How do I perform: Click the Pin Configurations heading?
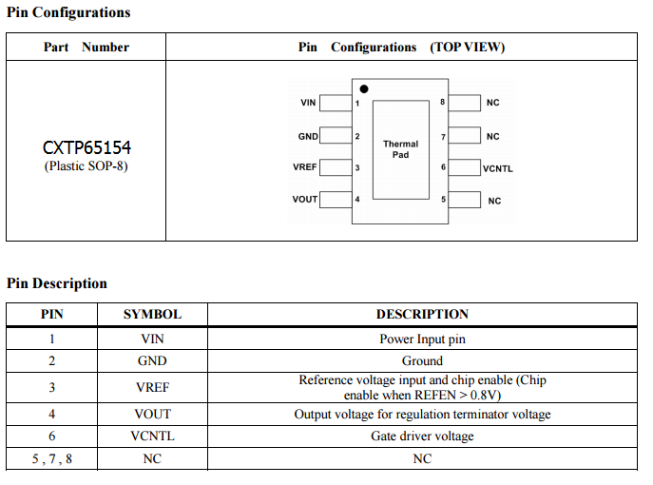(x=68, y=12)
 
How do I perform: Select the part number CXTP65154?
(x=86, y=148)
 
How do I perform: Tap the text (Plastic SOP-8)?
(x=86, y=166)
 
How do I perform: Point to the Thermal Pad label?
(x=400, y=149)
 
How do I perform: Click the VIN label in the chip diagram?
(x=308, y=103)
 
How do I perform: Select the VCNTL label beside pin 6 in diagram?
(x=498, y=168)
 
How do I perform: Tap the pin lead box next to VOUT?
(x=334, y=199)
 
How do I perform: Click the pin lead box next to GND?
(x=334, y=136)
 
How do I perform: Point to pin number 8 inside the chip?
(x=442, y=102)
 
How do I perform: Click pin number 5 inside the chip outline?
(x=443, y=200)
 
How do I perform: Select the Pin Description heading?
(x=57, y=283)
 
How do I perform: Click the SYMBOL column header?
(x=152, y=314)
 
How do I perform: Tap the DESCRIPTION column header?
(x=422, y=314)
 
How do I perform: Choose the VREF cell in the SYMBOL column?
(x=152, y=387)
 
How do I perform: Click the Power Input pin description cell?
(x=422, y=339)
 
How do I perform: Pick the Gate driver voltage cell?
(x=422, y=436)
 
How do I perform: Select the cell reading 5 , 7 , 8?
(x=51, y=459)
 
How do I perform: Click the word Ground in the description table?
(x=422, y=361)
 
